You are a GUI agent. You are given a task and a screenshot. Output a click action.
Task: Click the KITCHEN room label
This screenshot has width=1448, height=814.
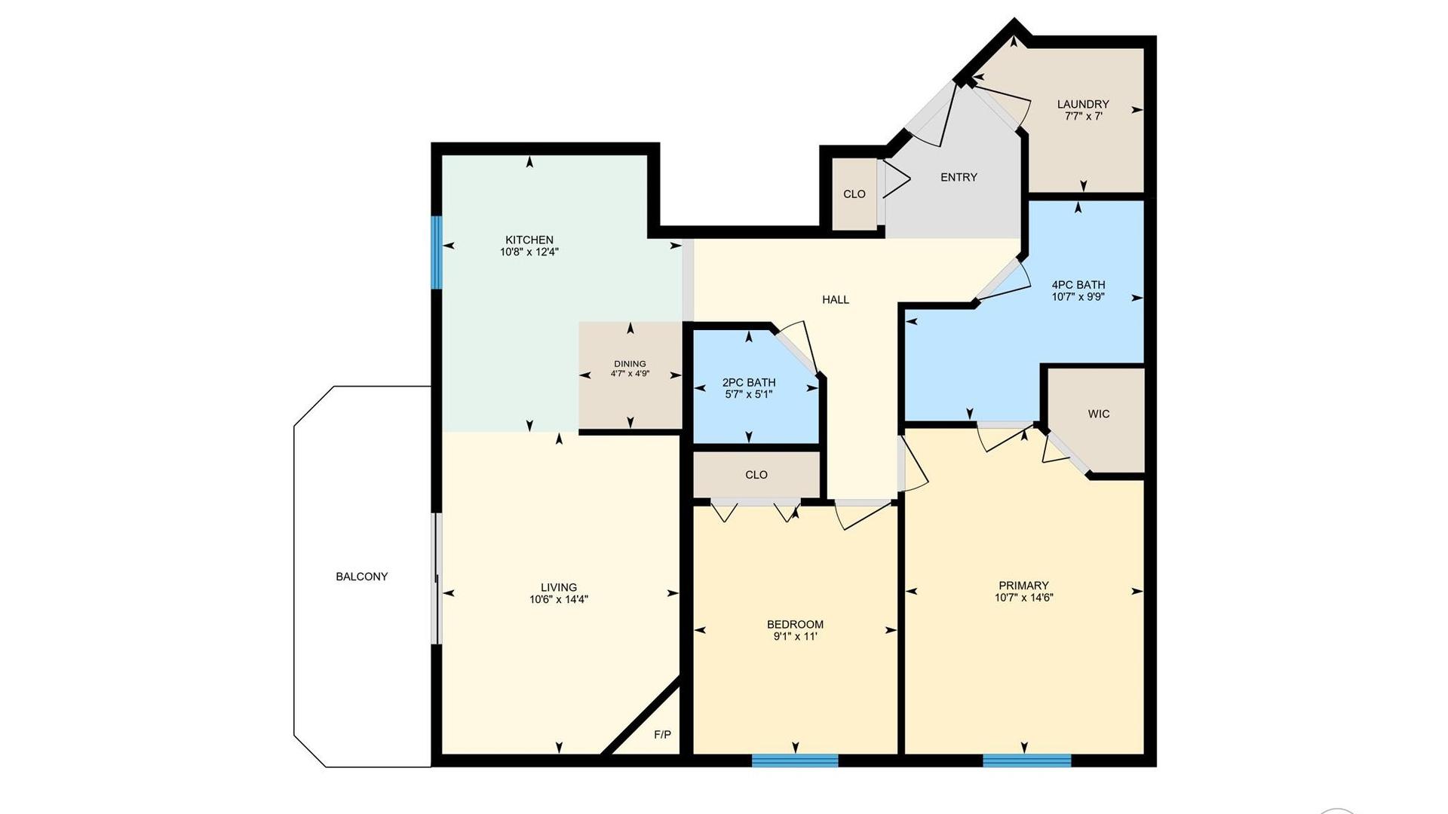point(529,240)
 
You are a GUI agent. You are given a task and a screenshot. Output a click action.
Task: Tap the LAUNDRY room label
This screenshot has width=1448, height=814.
point(1083,104)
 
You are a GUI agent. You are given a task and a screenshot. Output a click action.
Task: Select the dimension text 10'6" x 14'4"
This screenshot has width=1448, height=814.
point(559,600)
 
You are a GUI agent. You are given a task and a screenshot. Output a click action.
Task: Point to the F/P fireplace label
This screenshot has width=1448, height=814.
point(662,734)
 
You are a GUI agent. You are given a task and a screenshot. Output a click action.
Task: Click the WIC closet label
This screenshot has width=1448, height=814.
point(1099,414)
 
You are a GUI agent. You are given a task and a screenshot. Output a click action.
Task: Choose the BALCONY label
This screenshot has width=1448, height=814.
point(362,577)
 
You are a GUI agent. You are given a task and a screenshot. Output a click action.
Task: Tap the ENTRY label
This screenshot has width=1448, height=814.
point(959,177)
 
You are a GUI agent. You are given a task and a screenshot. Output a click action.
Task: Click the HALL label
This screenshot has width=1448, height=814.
point(836,300)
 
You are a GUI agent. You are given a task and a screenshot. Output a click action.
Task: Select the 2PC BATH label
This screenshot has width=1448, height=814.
point(749,382)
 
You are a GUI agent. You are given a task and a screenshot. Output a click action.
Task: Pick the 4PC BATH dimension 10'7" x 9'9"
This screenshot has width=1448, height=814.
point(1078,297)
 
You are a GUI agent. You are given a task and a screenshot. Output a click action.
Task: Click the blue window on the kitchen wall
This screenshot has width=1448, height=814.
point(436,252)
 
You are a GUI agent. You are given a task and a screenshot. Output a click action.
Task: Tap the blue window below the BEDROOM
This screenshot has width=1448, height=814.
point(795,760)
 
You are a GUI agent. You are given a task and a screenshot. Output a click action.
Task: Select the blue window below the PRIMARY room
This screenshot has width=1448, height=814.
point(1027,760)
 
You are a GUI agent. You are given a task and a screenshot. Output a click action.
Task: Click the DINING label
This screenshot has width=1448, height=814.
point(630,364)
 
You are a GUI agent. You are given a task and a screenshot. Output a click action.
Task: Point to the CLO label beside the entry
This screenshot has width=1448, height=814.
point(854,194)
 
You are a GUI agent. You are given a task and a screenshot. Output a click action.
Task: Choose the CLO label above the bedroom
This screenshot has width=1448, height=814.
point(756,475)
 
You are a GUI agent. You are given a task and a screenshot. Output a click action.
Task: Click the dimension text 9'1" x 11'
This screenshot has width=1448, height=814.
point(795,636)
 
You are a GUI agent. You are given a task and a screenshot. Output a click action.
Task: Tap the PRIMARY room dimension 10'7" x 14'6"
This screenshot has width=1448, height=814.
point(1023,598)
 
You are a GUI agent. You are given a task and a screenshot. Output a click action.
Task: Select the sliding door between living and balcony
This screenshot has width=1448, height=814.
point(436,579)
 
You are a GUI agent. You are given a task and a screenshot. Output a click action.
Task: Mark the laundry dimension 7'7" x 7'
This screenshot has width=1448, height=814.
point(1083,117)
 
